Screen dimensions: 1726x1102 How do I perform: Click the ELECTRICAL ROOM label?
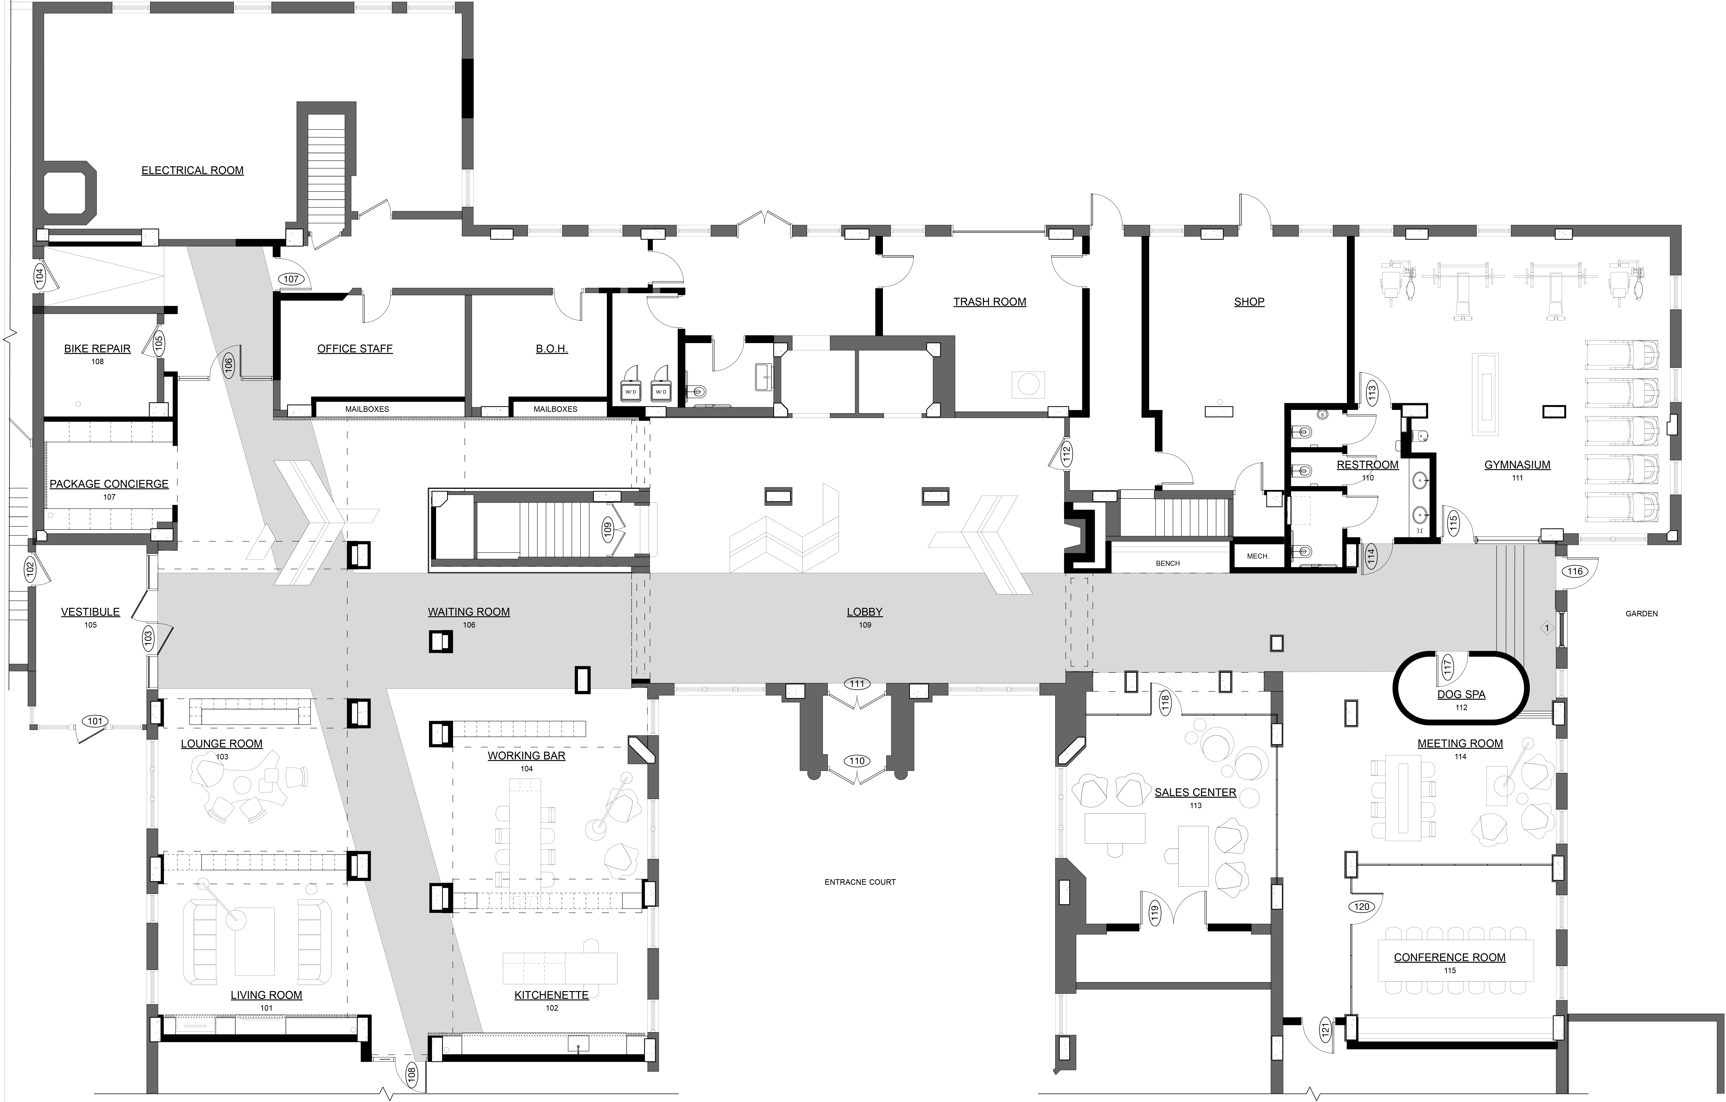(192, 171)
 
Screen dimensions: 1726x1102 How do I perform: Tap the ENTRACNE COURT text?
(860, 882)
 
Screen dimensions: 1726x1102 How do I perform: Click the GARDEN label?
(1641, 614)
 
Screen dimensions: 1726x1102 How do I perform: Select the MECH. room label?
(1258, 556)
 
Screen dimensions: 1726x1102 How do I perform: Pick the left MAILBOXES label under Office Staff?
(367, 409)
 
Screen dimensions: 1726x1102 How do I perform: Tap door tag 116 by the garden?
(1575, 571)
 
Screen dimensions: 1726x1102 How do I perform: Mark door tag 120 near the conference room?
(1362, 907)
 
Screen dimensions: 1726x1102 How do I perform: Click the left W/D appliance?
(631, 392)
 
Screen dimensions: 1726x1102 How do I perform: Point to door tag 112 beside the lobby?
(1066, 453)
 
